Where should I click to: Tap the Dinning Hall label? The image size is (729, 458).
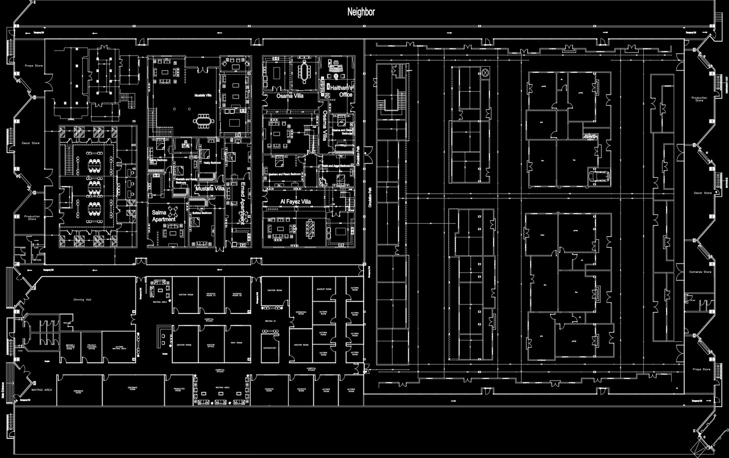pyautogui.click(x=82, y=300)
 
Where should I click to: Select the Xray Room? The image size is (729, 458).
pyautogui.click(x=236, y=343)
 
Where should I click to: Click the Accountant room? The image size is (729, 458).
pyautogui.click(x=270, y=347)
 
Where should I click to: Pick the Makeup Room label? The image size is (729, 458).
pyautogui.click(x=323, y=290)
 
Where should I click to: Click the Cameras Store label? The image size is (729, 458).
pyautogui.click(x=700, y=272)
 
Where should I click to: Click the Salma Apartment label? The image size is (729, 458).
pyautogui.click(x=163, y=216)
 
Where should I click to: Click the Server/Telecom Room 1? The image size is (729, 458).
pyautogui.click(x=70, y=347)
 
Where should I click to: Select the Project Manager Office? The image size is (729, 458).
pyautogui.click(x=91, y=347)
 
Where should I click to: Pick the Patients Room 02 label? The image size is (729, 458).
pyautogui.click(x=236, y=295)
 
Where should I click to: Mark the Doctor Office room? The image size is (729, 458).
pyautogui.click(x=210, y=345)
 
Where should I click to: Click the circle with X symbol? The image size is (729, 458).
pyautogui.click(x=485, y=72)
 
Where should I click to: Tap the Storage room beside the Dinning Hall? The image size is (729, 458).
pyautogui.click(x=66, y=323)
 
